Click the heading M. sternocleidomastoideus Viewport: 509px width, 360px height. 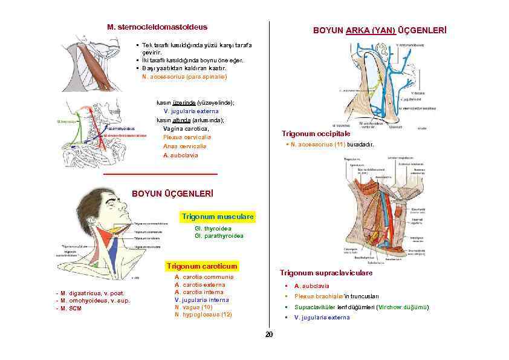(157, 27)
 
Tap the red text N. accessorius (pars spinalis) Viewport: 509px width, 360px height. (184, 77)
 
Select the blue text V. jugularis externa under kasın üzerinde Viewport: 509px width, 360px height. (191, 111)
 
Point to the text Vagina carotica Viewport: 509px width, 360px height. (186, 128)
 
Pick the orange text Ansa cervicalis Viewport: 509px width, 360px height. (184, 146)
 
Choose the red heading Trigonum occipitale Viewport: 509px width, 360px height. (316, 134)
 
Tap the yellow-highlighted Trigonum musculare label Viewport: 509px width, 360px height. (218, 217)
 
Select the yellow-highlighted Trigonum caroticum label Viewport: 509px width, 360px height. (202, 266)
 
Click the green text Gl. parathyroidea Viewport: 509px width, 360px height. (219, 236)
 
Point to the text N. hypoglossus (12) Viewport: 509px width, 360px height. (203, 315)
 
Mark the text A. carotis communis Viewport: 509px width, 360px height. (204, 278)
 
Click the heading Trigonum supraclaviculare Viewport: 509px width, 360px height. (326, 273)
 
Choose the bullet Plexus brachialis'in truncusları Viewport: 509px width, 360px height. (336, 296)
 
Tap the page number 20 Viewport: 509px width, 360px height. (269, 335)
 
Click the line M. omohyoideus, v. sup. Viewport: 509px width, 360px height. (92, 301)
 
